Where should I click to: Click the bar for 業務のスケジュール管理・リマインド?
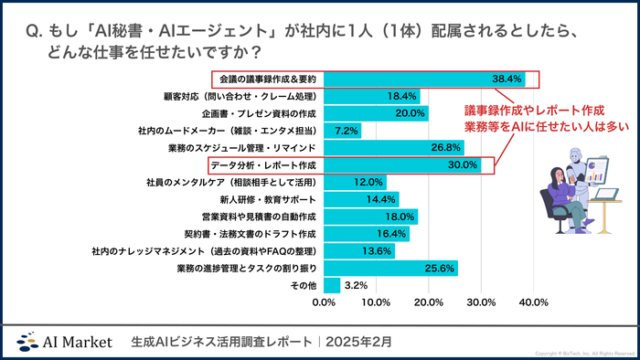point(394,148)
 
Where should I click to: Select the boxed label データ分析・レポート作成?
point(262,165)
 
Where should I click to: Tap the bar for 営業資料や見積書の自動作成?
point(370,217)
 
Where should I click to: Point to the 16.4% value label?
point(392,235)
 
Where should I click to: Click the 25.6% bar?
point(390,269)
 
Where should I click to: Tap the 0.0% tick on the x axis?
point(325,302)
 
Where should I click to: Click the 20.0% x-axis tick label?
point(429,302)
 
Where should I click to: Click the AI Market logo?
point(65,341)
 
